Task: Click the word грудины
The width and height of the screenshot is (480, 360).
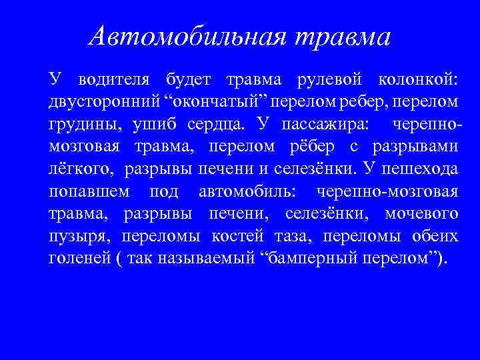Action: pyautogui.click(x=76, y=125)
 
